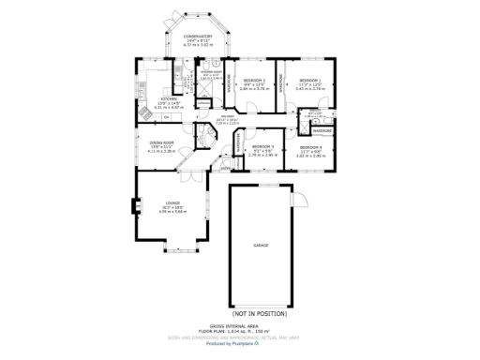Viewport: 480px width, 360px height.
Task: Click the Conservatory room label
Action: click(191, 37)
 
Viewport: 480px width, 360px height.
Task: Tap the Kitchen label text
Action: click(168, 97)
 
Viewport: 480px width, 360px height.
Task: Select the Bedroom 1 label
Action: click(310, 81)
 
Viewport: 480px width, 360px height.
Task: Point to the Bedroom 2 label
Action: click(254, 81)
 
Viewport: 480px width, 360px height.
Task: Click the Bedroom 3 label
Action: click(264, 146)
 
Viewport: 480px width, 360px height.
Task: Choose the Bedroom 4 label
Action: click(311, 148)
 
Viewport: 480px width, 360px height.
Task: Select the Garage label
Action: click(261, 246)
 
